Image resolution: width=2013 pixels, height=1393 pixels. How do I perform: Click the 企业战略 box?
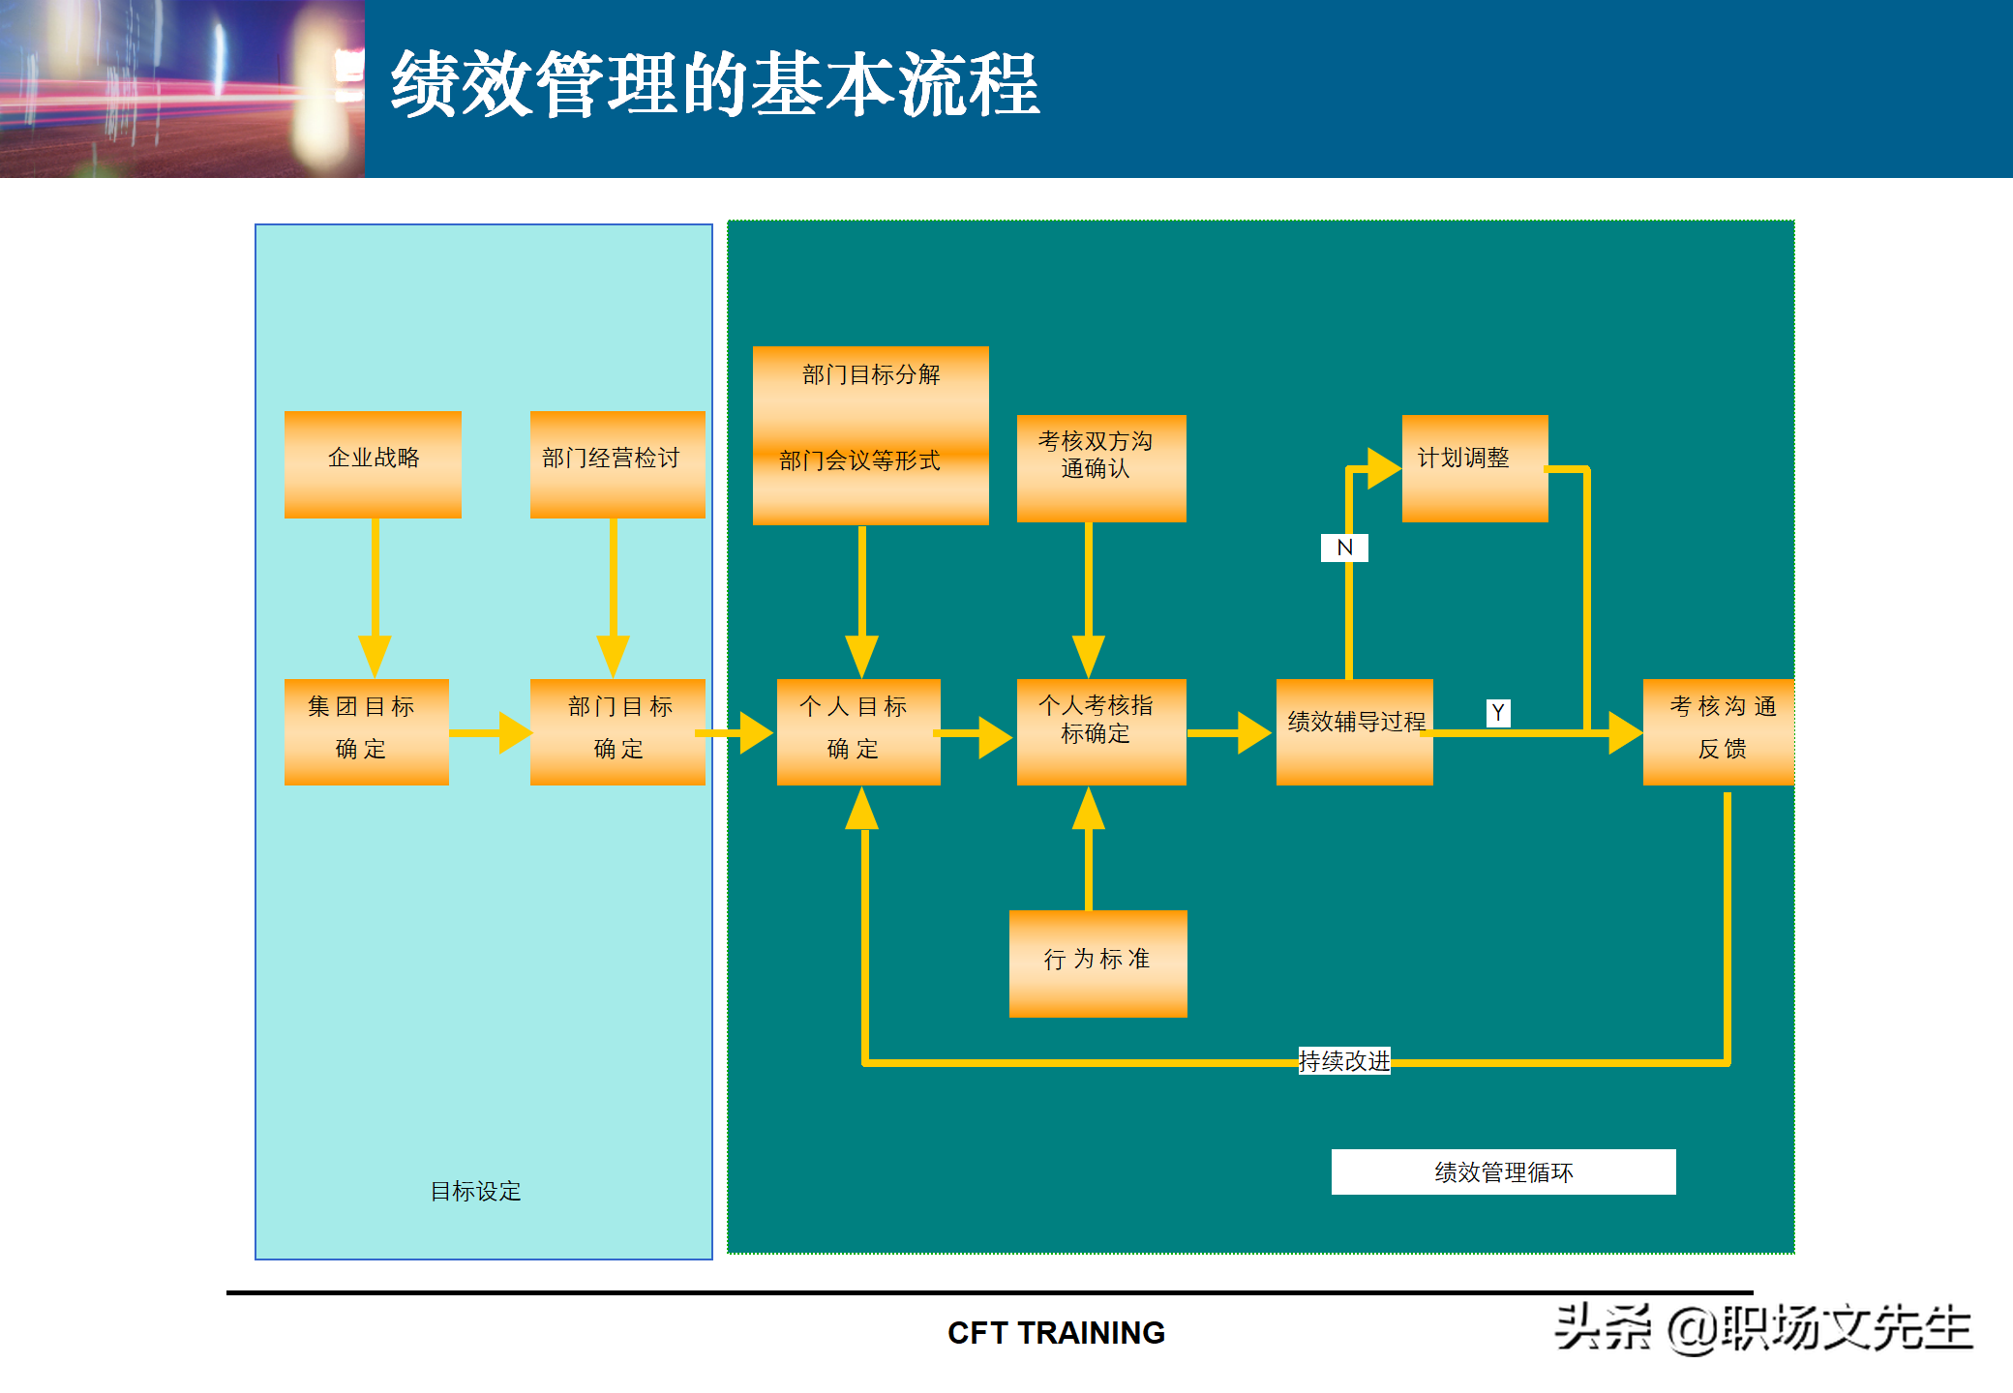[x=373, y=464]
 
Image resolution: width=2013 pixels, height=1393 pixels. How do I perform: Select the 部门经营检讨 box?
[x=617, y=464]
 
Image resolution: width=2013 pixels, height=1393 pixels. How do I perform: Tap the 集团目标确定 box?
[x=366, y=731]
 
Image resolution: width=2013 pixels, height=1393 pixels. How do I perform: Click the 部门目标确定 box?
[x=617, y=731]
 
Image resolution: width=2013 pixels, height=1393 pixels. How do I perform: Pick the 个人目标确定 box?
[x=858, y=731]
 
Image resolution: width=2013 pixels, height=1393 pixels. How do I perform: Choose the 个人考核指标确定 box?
[x=1101, y=731]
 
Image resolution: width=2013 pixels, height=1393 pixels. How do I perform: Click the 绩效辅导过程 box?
[x=1354, y=731]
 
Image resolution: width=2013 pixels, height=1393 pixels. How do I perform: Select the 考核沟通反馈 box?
[x=1718, y=731]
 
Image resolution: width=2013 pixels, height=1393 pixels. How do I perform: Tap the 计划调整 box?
[x=1474, y=468]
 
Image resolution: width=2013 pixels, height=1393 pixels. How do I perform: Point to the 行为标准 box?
[x=1097, y=963]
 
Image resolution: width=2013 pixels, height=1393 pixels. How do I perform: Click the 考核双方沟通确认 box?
[x=1101, y=468]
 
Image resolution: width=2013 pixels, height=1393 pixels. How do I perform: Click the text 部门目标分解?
[x=871, y=375]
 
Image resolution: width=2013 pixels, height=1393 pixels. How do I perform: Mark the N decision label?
[x=1344, y=548]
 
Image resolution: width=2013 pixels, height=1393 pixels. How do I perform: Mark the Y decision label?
[x=1498, y=713]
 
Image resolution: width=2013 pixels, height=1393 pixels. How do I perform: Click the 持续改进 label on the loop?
[x=1344, y=1061]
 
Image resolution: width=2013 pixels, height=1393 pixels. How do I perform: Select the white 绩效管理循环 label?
[x=1503, y=1172]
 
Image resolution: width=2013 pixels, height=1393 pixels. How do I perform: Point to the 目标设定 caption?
[x=475, y=1191]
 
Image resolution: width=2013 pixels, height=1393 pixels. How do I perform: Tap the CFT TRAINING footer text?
[x=1056, y=1333]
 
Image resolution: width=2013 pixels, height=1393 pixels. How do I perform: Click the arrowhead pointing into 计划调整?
[x=1384, y=468]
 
